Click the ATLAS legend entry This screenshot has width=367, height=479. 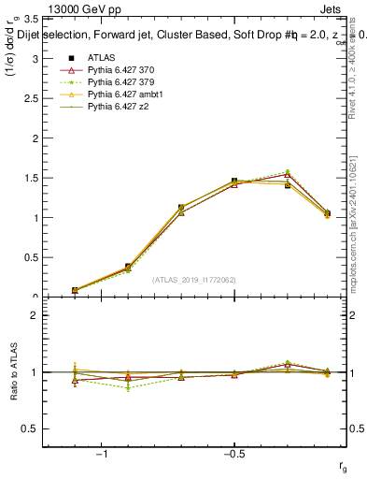click(101, 57)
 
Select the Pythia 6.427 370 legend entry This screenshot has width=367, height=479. click(120, 70)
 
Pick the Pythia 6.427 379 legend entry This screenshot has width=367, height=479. click(120, 83)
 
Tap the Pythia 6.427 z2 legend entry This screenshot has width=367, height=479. click(116, 109)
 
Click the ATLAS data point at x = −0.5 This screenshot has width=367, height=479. click(234, 181)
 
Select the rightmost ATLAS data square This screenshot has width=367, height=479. click(327, 213)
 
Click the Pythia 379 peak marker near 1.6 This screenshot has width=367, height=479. click(288, 171)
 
